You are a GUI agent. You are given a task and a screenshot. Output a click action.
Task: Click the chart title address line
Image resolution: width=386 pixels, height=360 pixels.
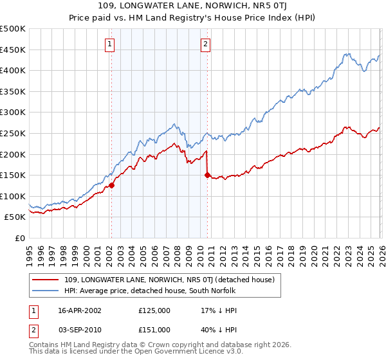(192, 6)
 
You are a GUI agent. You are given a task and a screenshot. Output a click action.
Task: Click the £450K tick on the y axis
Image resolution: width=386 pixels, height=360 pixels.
(13, 50)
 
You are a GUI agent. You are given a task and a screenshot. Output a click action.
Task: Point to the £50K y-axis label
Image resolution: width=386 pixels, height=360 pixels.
(15, 217)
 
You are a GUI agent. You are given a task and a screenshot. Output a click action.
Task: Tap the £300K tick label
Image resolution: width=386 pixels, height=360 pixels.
(13, 113)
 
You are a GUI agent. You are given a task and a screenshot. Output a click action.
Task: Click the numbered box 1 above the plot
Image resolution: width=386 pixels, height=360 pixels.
(110, 44)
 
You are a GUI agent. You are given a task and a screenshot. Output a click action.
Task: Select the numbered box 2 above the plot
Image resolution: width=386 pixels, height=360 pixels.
(205, 44)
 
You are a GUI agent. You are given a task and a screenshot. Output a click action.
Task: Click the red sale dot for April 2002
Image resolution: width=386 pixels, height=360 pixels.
(111, 185)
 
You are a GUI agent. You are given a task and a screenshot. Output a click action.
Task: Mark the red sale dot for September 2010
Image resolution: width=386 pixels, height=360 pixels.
(207, 174)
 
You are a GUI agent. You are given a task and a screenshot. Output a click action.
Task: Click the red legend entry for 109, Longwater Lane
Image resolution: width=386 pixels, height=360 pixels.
(170, 280)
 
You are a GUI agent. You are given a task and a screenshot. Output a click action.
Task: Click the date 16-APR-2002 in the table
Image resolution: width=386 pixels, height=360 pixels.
(80, 310)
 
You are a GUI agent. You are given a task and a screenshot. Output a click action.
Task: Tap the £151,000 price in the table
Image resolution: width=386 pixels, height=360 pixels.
(154, 328)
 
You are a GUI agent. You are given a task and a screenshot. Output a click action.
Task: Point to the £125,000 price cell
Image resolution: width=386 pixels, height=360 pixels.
(154, 310)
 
